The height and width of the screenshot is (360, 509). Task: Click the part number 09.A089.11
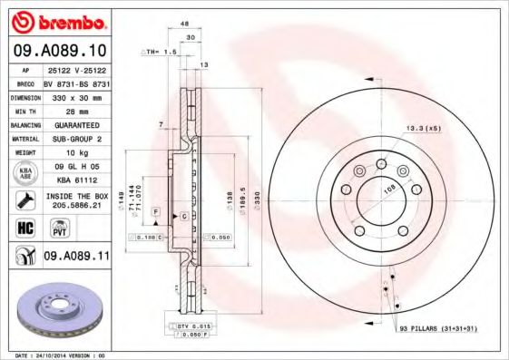[76, 257]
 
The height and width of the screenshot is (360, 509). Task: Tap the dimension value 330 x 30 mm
[76, 95]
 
